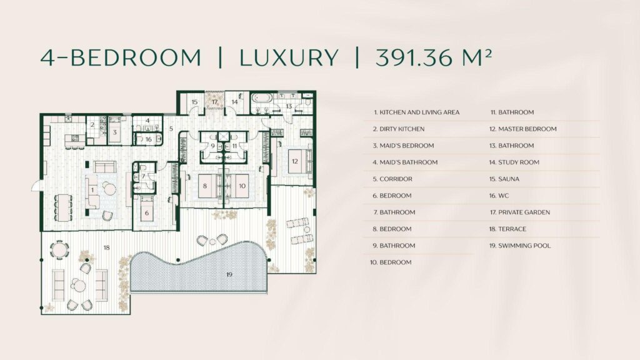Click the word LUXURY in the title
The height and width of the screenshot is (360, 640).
(289, 57)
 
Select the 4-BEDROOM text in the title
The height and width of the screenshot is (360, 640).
(121, 57)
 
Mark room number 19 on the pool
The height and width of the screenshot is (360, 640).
(229, 275)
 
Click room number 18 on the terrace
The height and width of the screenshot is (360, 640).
(106, 247)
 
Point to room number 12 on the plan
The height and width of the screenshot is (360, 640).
(295, 161)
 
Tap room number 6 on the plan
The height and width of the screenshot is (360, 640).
(146, 213)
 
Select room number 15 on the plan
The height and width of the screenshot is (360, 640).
(194, 102)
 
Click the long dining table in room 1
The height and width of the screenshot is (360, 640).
(63, 207)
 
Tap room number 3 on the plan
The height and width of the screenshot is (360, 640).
(115, 132)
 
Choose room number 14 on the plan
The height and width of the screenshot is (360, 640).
(234, 102)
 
